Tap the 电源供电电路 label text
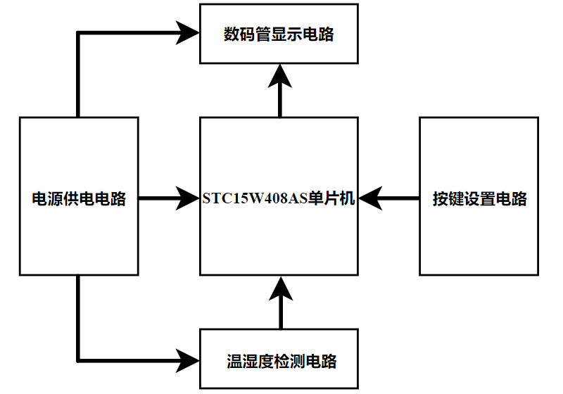coord(79,199)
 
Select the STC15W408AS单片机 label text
coord(279,198)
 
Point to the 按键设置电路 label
coord(480,199)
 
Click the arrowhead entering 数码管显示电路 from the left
coord(188,32)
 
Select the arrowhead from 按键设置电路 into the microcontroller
coord(372,198)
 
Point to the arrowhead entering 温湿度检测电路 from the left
coord(188,360)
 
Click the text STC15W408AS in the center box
coord(255,198)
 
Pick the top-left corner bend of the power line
coord(77,32)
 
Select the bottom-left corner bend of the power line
coord(77,360)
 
